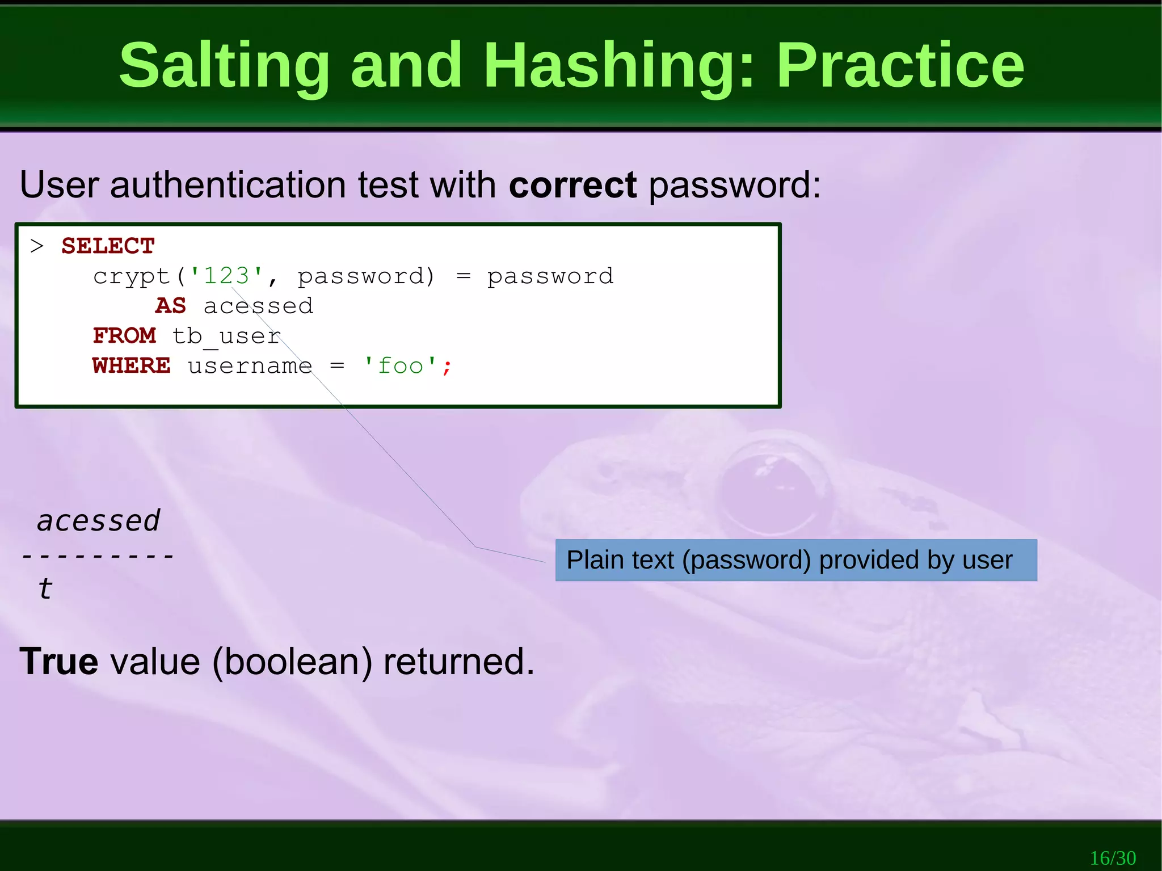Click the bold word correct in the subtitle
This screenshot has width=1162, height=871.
tap(572, 185)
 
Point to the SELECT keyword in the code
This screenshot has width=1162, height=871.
tap(108, 246)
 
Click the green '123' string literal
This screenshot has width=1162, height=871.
tap(226, 276)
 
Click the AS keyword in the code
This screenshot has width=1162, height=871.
tap(170, 306)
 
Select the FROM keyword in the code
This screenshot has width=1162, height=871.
tap(124, 336)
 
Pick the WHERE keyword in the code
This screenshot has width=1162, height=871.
tap(131, 366)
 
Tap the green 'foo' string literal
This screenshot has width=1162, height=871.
tap(400, 366)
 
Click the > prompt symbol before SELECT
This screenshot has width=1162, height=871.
tap(37, 246)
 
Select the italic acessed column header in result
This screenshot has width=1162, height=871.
tap(99, 520)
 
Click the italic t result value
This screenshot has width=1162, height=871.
tap(45, 588)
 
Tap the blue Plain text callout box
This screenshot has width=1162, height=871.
tap(795, 560)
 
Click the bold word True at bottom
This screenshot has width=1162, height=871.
tap(58, 662)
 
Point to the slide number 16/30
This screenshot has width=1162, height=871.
tap(1113, 857)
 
